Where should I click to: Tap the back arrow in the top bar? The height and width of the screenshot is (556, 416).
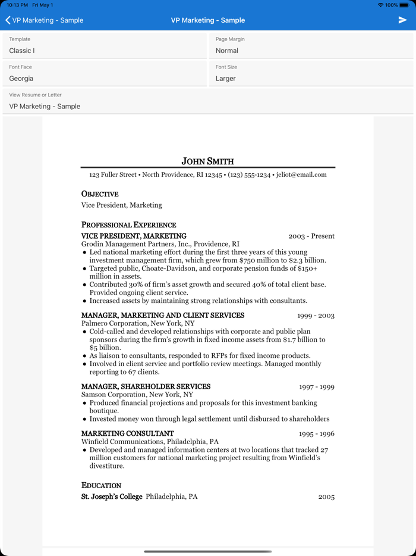(8, 20)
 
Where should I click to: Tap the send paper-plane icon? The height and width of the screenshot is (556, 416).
(402, 20)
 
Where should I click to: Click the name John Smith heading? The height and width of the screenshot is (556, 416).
(207, 161)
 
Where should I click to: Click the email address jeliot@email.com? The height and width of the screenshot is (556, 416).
(301, 175)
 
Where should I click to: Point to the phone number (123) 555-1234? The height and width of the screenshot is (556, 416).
(249, 175)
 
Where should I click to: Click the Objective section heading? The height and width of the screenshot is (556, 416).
(100, 194)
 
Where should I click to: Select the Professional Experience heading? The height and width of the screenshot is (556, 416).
(128, 225)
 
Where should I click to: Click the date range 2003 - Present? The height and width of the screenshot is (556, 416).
(311, 236)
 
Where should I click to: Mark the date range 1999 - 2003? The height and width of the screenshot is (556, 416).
(316, 316)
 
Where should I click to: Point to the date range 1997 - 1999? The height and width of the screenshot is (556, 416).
(316, 387)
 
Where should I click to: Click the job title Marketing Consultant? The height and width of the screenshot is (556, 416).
(128, 434)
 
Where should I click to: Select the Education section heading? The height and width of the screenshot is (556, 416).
(101, 486)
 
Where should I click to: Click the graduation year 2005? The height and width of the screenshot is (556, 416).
(326, 497)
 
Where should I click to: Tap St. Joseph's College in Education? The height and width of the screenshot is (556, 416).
(112, 497)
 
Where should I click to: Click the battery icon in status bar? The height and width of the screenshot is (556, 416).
(404, 5)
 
